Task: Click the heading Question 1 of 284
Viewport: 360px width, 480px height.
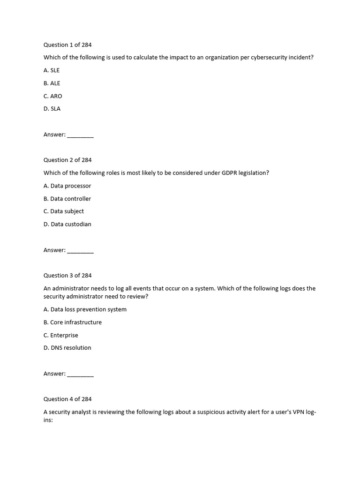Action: click(x=67, y=45)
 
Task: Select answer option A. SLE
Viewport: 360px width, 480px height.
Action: click(x=52, y=70)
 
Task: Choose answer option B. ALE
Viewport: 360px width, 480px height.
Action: click(x=52, y=83)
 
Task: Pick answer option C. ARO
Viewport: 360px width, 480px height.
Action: click(x=52, y=96)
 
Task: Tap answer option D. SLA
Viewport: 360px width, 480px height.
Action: click(x=52, y=109)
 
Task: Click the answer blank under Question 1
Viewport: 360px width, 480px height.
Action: click(x=80, y=135)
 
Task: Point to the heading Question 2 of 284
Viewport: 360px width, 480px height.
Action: click(x=67, y=160)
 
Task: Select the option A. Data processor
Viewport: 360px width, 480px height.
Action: click(x=67, y=186)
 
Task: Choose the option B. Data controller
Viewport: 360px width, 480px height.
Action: click(x=67, y=199)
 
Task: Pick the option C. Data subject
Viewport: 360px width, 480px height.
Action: click(x=64, y=211)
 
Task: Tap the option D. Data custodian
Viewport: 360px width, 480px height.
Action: click(x=67, y=224)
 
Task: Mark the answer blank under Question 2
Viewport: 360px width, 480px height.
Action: click(x=80, y=251)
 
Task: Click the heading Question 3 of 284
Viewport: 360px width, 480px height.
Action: click(x=67, y=276)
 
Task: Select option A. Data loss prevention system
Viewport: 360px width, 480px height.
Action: click(x=85, y=309)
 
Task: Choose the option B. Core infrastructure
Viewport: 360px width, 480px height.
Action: click(x=73, y=322)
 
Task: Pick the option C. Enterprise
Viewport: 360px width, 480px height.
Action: click(x=61, y=335)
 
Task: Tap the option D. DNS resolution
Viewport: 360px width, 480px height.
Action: click(x=67, y=348)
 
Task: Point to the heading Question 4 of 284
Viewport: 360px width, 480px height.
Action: click(x=67, y=399)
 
